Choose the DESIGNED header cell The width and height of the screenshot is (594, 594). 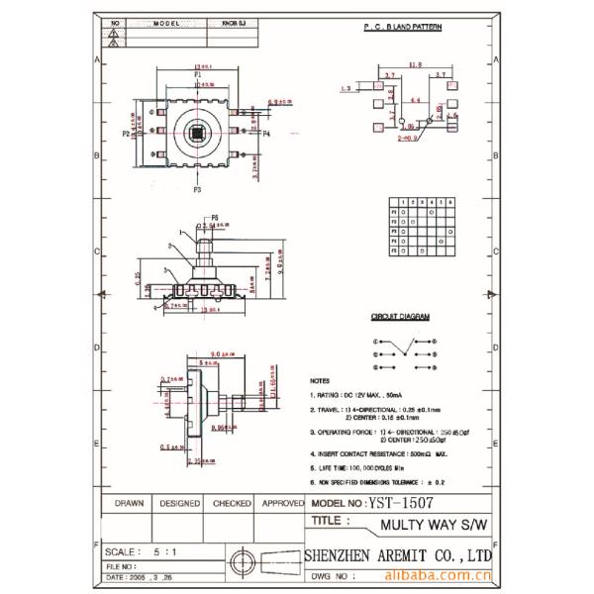tap(178, 503)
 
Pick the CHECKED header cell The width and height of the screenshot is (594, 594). tap(231, 503)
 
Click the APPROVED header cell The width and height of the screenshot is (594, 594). tap(283, 503)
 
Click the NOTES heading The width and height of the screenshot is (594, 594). tap(320, 380)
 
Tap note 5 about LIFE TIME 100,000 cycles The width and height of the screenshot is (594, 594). tap(361, 464)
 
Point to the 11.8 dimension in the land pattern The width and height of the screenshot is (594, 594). tap(415, 67)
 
